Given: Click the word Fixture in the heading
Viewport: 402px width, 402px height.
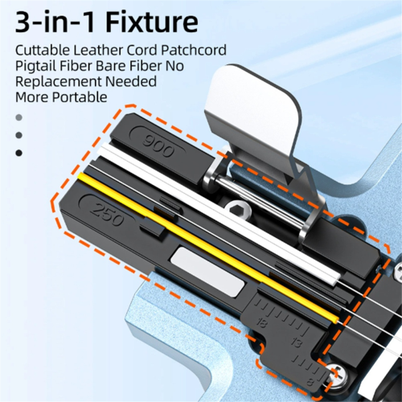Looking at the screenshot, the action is pos(152,22).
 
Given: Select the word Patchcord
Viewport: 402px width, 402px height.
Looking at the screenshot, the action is pos(194,50).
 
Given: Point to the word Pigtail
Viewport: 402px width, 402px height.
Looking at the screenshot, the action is pos(35,67).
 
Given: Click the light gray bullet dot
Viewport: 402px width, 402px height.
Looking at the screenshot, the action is pos(18,117).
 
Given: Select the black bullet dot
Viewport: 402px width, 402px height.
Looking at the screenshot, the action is pos(18,153).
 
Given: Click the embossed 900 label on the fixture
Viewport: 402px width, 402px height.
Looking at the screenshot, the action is pos(158,147).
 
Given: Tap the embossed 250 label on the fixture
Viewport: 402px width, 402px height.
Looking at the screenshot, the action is pos(108,215).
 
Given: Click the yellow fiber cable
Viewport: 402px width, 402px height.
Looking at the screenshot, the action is pos(208,248).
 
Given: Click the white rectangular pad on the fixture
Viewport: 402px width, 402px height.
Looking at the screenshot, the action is pos(207,272).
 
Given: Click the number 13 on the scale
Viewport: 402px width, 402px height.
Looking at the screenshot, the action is pos(297,343).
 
